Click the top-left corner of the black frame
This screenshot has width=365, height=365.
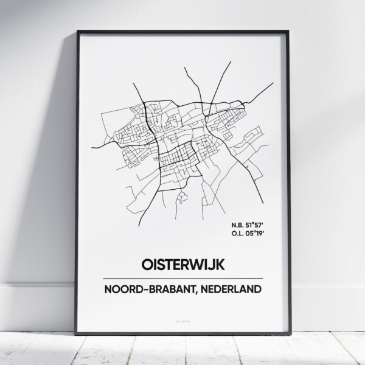tap(77, 31)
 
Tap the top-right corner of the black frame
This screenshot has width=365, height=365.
tap(290, 31)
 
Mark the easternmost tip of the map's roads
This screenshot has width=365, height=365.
tap(273, 83)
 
